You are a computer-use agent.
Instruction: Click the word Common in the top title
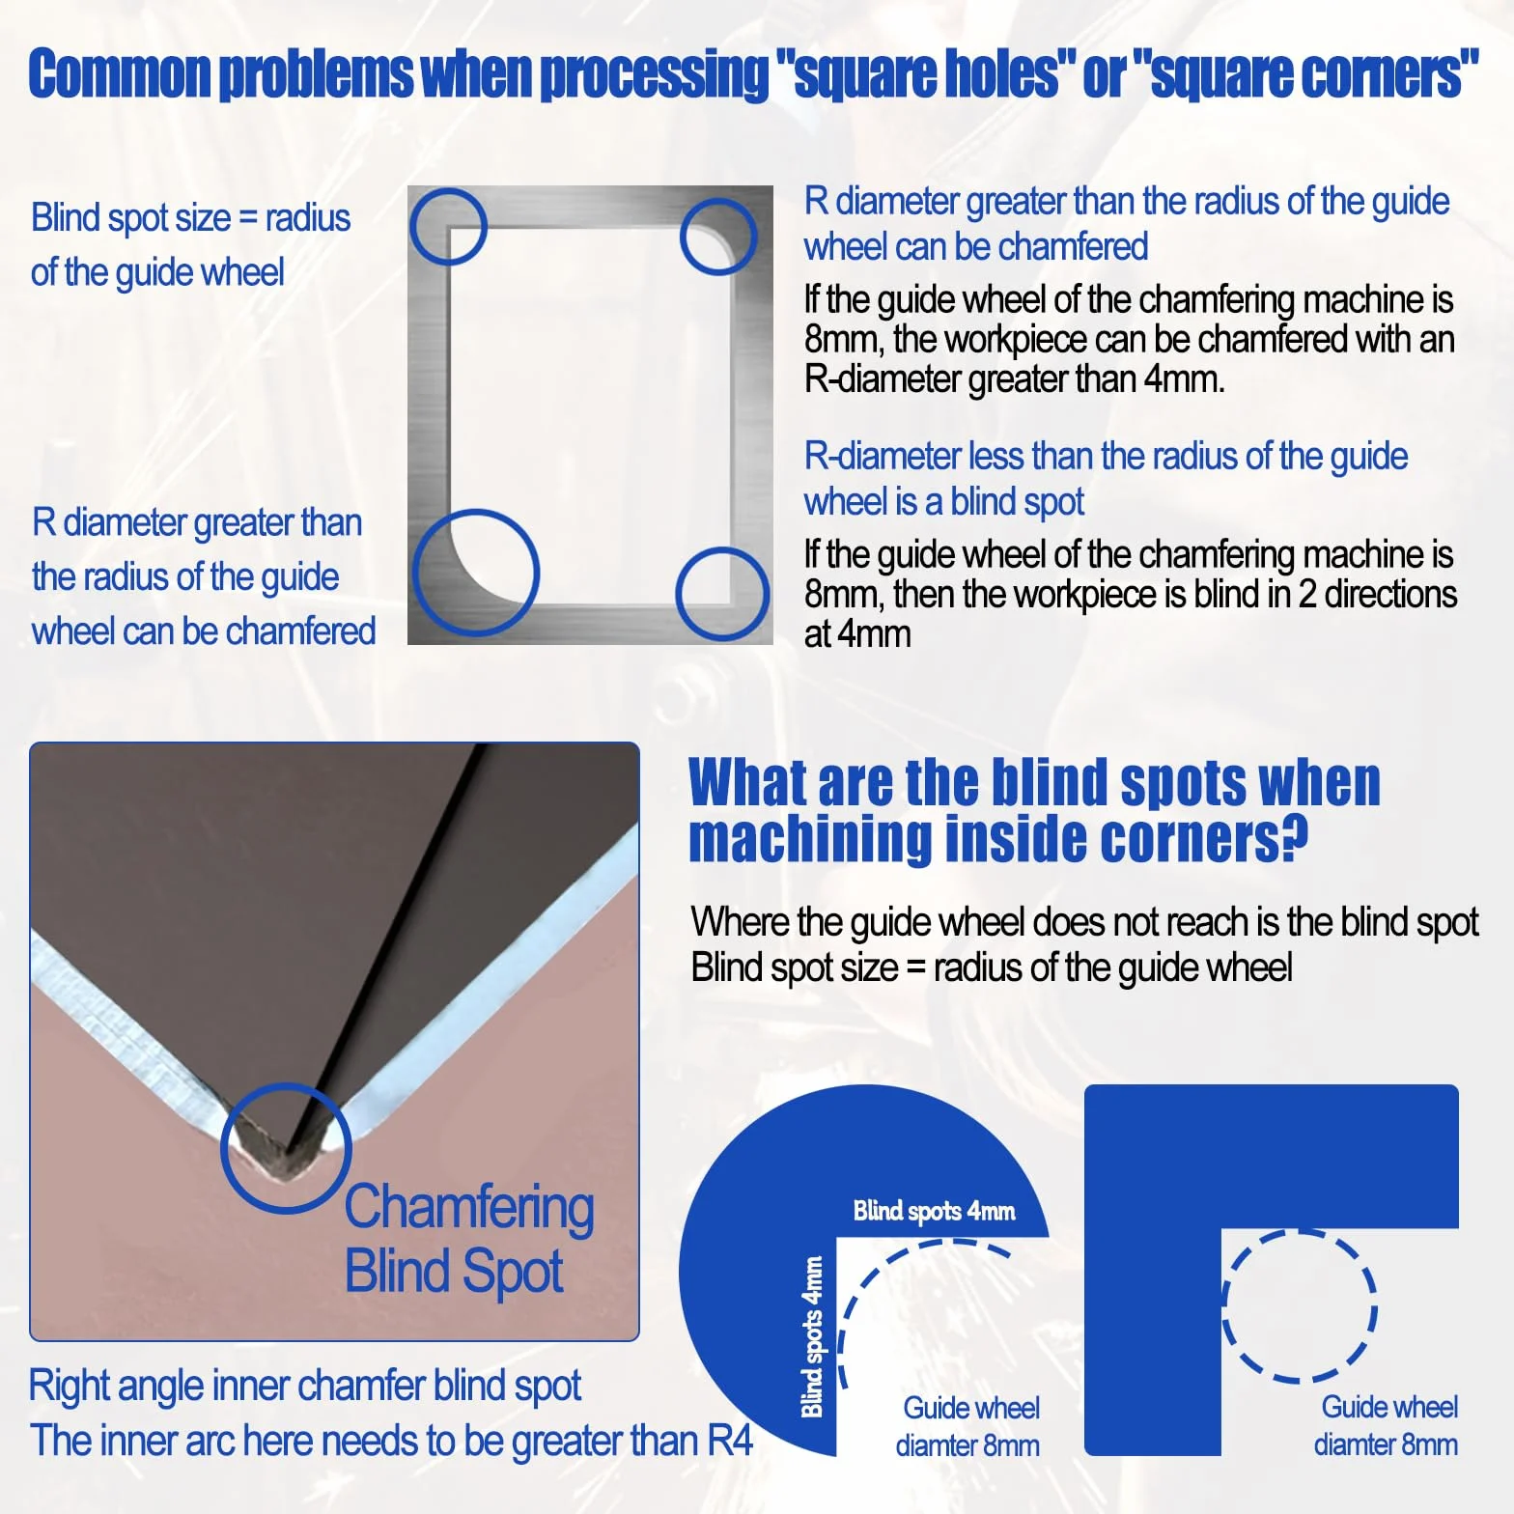click(120, 73)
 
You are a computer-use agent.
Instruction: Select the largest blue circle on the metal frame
click(475, 573)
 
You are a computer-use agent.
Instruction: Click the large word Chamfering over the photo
click(469, 1209)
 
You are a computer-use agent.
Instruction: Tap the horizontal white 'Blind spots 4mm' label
click(934, 1211)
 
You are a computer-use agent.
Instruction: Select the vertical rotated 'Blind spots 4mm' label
click(813, 1336)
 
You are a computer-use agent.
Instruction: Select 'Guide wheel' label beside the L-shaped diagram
click(1388, 1407)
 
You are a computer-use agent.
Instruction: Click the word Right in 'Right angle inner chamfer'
click(68, 1387)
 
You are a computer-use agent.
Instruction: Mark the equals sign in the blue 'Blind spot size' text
click(248, 218)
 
